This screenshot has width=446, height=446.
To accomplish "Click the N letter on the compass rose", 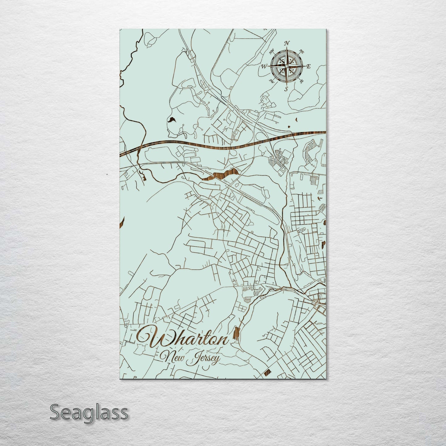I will (286, 43).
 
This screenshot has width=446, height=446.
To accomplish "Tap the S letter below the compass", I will (286, 89).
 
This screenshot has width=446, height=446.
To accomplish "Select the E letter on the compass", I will (309, 66).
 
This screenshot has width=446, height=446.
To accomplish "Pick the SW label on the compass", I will (272, 81).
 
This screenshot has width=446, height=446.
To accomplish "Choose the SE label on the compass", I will (302, 81).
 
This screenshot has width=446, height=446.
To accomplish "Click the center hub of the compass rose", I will (286, 66).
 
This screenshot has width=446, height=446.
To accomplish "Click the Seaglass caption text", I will (89, 412).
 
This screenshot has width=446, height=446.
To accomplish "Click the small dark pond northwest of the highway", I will (171, 119).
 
